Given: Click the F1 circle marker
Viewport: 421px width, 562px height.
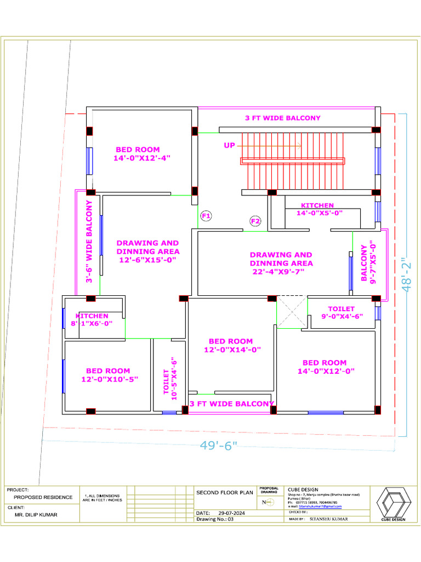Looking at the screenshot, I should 206,216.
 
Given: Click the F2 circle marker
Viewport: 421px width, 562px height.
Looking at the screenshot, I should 255,221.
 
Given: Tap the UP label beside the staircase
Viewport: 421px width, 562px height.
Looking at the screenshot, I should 229,145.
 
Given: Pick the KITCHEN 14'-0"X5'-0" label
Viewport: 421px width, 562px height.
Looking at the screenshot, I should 318,209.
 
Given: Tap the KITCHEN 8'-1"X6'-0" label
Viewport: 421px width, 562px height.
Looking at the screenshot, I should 92,320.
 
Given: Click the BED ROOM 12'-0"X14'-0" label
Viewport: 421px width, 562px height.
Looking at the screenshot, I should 231,345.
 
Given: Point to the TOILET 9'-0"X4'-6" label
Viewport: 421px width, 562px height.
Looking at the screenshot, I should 342,312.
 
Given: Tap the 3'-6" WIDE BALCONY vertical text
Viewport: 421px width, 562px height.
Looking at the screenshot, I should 89,241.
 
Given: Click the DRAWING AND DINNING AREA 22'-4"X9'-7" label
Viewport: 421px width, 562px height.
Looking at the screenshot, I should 281,263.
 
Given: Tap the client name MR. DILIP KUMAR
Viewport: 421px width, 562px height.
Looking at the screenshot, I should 36,515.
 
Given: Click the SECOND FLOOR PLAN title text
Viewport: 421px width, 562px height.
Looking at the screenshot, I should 225,492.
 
